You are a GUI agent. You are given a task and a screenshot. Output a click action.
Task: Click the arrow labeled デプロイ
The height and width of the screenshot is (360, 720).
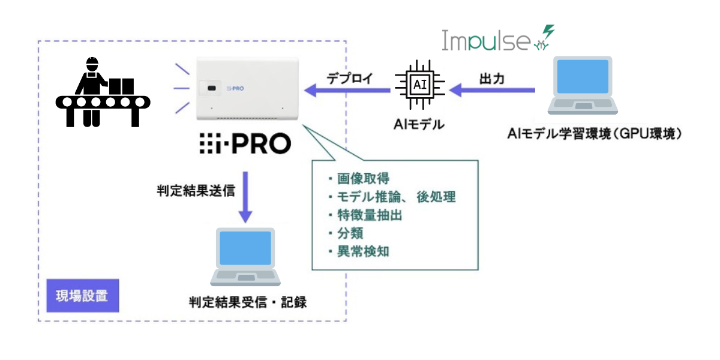[348, 91]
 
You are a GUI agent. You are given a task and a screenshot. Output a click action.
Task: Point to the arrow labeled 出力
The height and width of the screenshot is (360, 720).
[492, 90]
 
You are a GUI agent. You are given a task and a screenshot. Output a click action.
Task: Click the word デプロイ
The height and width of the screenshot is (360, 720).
[350, 78]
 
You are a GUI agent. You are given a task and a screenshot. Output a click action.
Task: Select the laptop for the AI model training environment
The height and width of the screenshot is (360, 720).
[583, 86]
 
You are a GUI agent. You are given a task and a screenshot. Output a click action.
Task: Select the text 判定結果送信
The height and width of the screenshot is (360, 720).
[191, 190]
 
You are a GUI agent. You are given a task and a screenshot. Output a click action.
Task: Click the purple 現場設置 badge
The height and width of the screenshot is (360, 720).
[82, 296]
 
